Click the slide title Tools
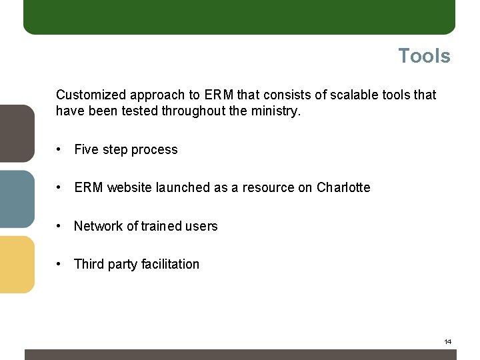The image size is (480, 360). [424, 56]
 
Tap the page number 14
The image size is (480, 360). [447, 342]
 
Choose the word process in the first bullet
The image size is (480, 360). [155, 149]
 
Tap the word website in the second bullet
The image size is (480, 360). [129, 187]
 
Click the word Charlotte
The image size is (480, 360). [343, 187]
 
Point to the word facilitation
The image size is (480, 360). [170, 264]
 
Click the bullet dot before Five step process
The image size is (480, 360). [60, 149]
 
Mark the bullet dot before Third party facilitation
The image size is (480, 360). [60, 264]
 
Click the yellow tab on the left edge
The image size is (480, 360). [17, 264]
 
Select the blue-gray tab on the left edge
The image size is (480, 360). [17, 199]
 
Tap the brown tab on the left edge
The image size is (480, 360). [17, 133]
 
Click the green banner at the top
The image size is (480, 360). [239, 17]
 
